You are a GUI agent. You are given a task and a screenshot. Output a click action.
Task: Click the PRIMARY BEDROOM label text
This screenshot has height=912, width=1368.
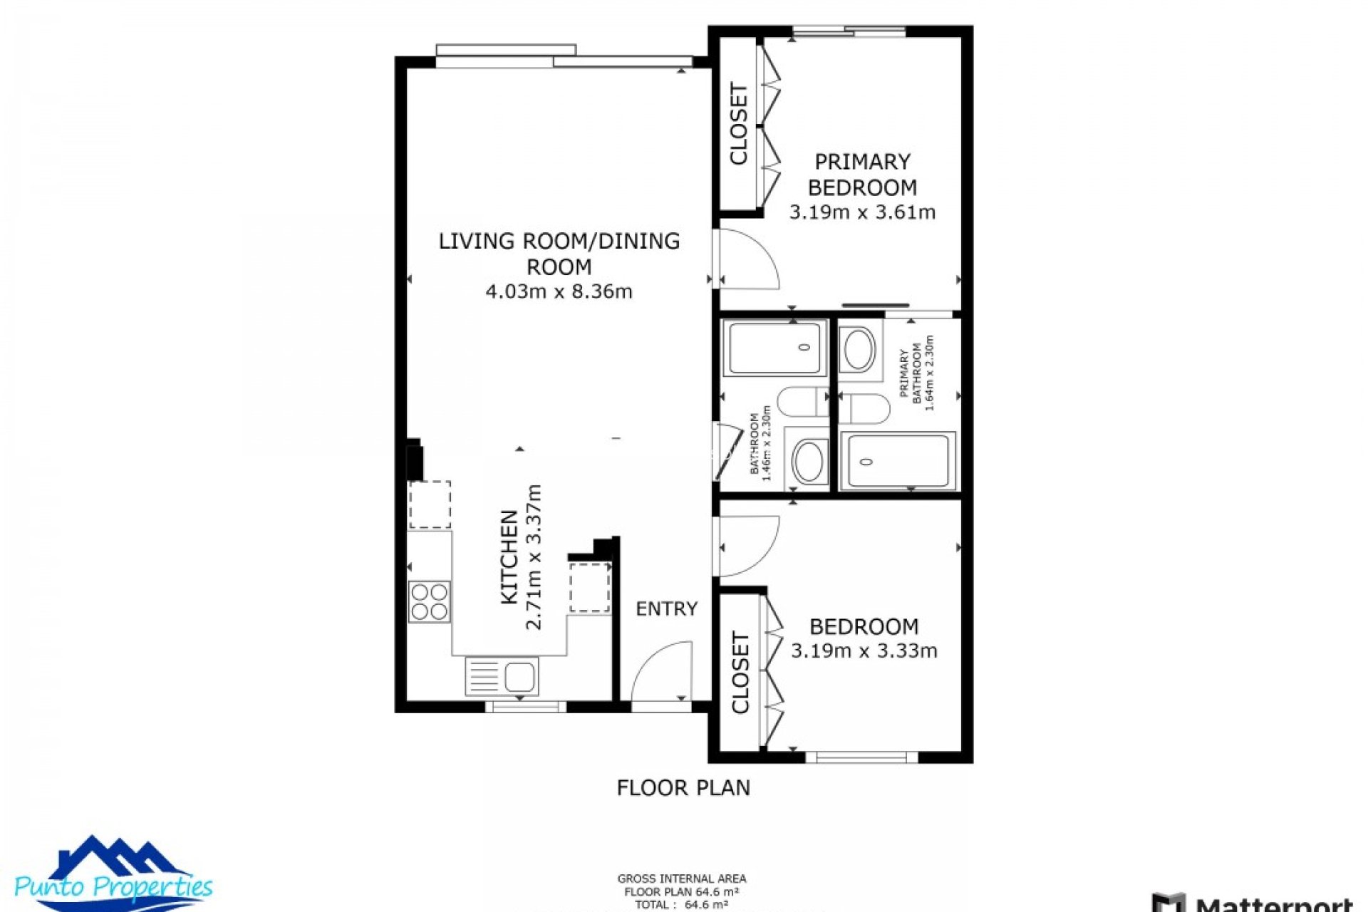pyautogui.click(x=862, y=175)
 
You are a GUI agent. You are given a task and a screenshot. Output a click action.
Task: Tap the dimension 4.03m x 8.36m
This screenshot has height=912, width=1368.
pyautogui.click(x=559, y=291)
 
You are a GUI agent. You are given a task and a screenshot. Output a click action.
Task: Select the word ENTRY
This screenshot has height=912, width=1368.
pyautogui.click(x=666, y=608)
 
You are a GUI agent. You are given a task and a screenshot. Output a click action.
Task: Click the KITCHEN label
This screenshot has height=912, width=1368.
pyautogui.click(x=509, y=557)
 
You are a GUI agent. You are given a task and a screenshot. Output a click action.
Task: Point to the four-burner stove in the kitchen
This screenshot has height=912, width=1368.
pyautogui.click(x=430, y=602)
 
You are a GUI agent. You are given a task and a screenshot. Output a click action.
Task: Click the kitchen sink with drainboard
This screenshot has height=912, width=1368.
pyautogui.click(x=502, y=675)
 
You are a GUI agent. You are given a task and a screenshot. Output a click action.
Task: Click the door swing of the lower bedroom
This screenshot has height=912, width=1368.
pyautogui.click(x=748, y=545)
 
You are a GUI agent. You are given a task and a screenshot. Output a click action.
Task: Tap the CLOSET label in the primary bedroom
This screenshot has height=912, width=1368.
pyautogui.click(x=739, y=124)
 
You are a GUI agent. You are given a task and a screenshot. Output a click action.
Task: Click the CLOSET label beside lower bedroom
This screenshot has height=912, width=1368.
pyautogui.click(x=740, y=673)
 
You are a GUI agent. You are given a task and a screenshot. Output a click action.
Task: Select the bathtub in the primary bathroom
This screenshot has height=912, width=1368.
pyautogui.click(x=898, y=461)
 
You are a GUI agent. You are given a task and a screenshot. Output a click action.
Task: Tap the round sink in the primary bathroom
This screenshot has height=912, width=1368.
pyautogui.click(x=858, y=350)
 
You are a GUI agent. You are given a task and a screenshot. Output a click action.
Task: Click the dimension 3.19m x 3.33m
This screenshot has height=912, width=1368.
pyautogui.click(x=864, y=651)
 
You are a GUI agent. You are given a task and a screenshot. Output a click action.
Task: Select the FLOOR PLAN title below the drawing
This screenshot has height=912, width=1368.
pyautogui.click(x=683, y=787)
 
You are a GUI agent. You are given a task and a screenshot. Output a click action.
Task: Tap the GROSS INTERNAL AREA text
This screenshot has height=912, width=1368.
pyautogui.click(x=682, y=879)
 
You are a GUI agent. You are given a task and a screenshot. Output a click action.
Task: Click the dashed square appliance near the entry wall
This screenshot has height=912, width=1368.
pyautogui.click(x=589, y=587)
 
